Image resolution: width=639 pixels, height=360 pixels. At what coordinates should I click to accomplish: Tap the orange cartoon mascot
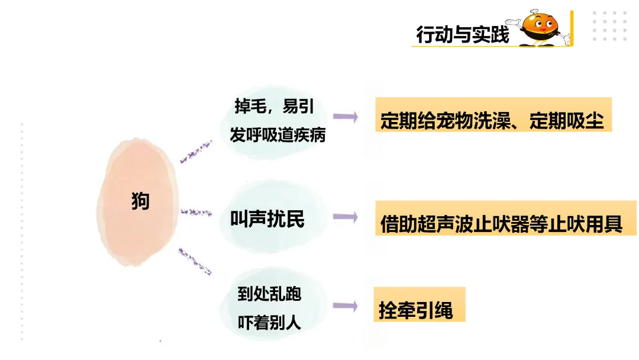[x=543, y=28]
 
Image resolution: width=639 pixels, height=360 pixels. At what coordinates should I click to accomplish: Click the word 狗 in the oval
[x=140, y=201]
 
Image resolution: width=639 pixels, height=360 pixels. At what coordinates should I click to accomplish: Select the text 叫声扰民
[x=267, y=219]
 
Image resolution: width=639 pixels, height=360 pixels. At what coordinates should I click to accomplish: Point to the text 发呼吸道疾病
[x=277, y=135]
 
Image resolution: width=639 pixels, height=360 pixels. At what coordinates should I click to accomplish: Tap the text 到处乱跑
[x=269, y=294]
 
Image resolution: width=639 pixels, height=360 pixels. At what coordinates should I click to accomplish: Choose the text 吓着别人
[x=269, y=322]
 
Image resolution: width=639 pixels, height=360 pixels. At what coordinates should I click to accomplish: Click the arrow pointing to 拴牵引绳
[x=346, y=306]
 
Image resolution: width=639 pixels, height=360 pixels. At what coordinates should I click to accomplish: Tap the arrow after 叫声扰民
[x=346, y=217]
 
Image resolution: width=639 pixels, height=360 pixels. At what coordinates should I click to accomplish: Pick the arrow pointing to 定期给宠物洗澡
[x=346, y=117]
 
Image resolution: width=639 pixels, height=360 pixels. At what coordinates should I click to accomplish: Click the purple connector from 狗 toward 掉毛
[x=196, y=152]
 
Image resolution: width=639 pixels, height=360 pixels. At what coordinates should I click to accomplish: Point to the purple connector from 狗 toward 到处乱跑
[x=195, y=261]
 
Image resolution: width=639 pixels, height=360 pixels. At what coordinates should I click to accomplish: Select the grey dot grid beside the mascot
[x=609, y=27]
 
